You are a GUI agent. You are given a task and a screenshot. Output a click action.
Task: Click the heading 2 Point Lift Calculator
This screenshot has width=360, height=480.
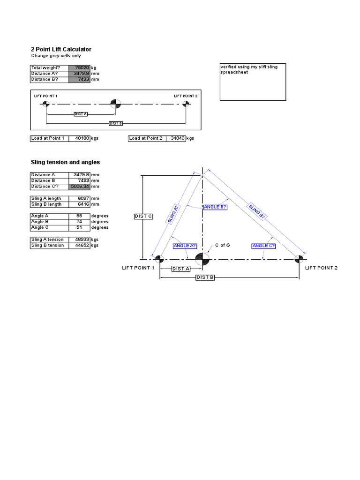(61, 49)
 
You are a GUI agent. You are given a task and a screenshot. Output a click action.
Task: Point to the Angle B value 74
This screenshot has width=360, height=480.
(80, 222)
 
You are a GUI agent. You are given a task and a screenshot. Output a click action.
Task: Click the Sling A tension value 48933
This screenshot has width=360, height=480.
(80, 240)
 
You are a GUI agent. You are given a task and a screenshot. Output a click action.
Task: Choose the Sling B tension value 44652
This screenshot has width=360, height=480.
(80, 245)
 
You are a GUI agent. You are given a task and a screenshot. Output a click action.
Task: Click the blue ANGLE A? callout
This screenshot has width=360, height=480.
(185, 246)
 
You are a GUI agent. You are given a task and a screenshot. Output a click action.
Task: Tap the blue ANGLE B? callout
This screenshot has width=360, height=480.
(215, 207)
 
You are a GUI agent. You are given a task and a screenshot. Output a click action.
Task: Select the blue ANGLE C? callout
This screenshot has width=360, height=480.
(263, 246)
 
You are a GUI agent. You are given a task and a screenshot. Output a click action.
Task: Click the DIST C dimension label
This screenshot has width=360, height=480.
(143, 216)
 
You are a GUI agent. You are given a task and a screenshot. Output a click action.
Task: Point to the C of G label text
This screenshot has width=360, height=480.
(222, 245)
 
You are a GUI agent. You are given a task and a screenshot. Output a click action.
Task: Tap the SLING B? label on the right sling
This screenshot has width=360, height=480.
(257, 212)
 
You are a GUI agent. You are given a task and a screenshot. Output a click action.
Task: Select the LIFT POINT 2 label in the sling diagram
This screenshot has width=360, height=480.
(321, 268)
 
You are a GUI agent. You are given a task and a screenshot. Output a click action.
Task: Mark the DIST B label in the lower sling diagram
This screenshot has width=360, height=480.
(205, 277)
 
